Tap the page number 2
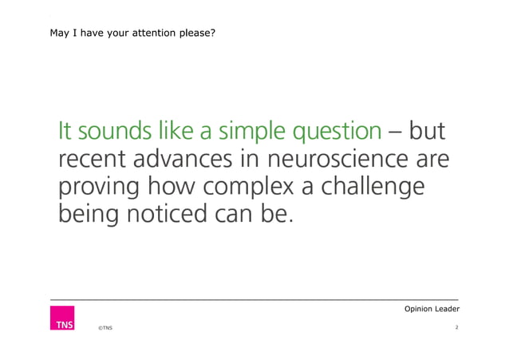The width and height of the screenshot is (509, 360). coord(456,327)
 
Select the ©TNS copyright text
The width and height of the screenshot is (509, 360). coord(105,328)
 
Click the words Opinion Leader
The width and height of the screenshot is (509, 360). coord(432,309)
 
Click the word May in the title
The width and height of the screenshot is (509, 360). coord(59,34)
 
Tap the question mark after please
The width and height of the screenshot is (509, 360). coord(212,34)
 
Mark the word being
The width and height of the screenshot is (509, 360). coord(88,215)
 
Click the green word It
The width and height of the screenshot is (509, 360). coord(64,131)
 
